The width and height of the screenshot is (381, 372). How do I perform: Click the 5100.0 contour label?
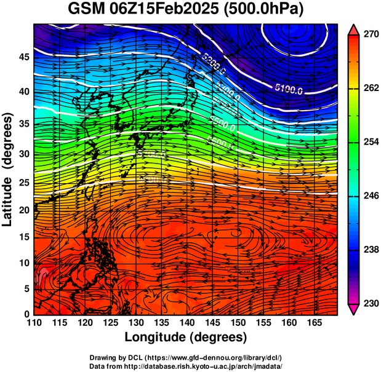coord(289,90)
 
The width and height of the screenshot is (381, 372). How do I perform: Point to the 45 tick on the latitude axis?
coord(24,57)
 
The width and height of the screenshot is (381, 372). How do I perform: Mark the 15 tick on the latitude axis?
coord(24,237)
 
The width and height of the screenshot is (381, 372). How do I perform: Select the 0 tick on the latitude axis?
coord(27,314)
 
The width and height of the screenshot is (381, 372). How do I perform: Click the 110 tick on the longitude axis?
coord(34,322)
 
